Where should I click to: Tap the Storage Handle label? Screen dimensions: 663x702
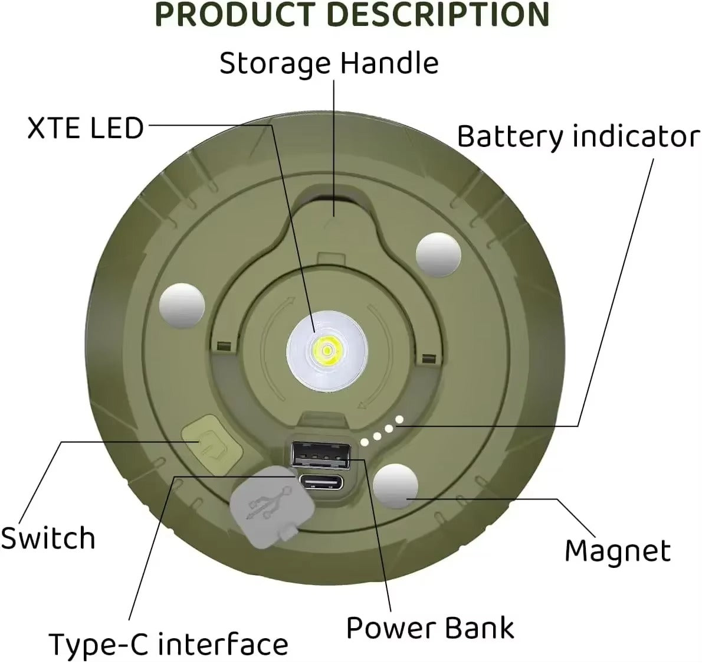point(329,63)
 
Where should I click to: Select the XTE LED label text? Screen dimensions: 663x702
point(86,128)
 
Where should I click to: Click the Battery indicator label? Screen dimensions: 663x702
point(578,136)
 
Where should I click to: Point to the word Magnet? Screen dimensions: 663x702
point(617,551)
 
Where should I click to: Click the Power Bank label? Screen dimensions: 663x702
point(430,628)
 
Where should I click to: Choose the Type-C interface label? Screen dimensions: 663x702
point(168,644)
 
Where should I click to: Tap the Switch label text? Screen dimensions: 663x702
point(47,538)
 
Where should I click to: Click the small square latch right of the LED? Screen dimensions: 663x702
point(429,358)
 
